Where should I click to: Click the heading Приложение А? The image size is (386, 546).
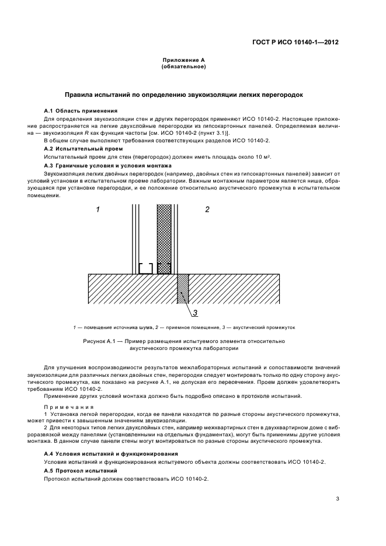coord(183,61)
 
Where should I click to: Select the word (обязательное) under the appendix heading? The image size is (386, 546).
coord(183,67)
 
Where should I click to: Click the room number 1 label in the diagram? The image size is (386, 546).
coord(98,209)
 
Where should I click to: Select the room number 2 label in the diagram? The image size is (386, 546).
coord(207,209)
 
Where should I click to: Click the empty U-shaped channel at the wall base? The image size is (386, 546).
coord(145,269)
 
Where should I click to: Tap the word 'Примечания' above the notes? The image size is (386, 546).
coord(64,405)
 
